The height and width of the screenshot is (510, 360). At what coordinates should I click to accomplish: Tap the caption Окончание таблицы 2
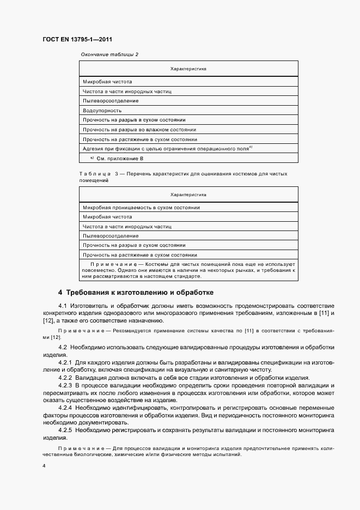click(x=109, y=54)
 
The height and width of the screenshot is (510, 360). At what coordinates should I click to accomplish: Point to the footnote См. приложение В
click(x=119, y=158)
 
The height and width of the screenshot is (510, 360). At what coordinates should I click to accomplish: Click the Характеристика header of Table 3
click(x=188, y=195)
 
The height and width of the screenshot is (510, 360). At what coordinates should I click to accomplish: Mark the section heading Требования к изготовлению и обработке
click(x=136, y=292)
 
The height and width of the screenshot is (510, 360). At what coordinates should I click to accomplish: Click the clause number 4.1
click(x=62, y=306)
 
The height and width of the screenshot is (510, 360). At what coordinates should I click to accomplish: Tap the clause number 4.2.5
click(x=65, y=430)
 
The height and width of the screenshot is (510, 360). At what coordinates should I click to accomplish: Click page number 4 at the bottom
click(x=44, y=466)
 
